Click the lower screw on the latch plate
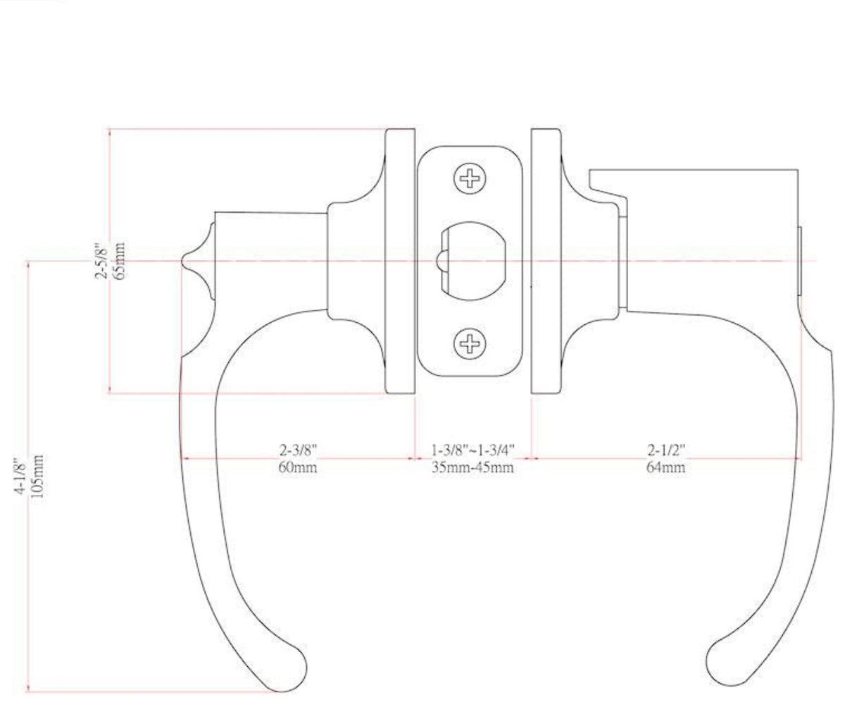point(469,343)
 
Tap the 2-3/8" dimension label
point(296,450)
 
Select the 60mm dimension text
point(296,467)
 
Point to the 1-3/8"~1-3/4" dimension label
point(473,450)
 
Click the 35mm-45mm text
point(473,467)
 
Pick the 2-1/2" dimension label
point(666,450)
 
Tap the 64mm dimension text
point(666,467)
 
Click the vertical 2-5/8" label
point(101,262)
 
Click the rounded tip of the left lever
point(290,672)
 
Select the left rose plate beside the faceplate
point(399,261)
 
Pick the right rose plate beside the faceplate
point(545,261)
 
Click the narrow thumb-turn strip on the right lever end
point(801,262)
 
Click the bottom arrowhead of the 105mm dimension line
point(28,689)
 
